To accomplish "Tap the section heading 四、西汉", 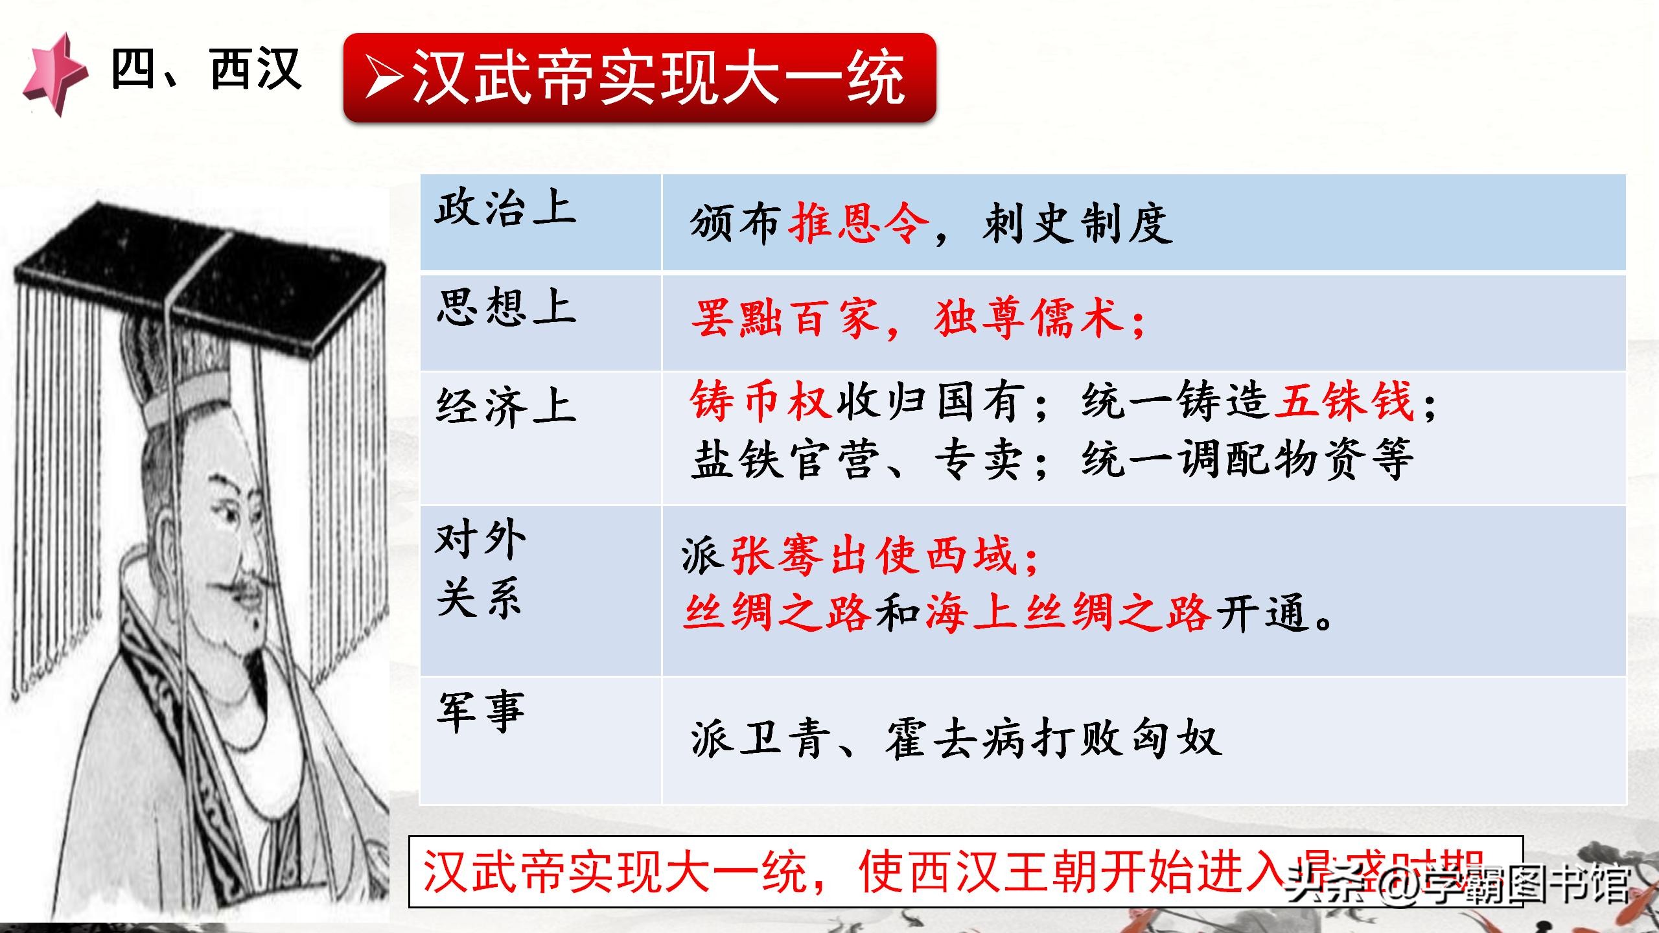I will tap(206, 70).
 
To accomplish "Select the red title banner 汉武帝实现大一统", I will tap(639, 78).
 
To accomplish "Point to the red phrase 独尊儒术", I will tap(1029, 319).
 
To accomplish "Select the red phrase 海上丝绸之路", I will tap(1068, 613).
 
